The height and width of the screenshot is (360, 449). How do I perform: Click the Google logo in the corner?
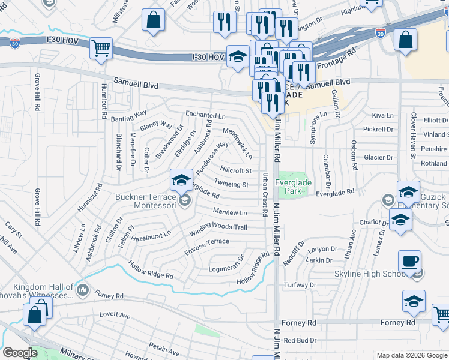coord(20,353)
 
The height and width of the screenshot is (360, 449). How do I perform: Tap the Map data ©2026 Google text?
coord(411,355)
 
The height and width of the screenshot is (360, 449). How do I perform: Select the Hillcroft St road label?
coord(236,171)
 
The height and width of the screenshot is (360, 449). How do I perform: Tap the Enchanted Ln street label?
coord(205,114)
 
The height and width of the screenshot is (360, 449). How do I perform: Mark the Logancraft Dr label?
coord(226,265)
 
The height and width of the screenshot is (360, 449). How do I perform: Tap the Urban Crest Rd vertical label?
coord(264,194)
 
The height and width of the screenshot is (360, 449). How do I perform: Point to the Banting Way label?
coord(129,116)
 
